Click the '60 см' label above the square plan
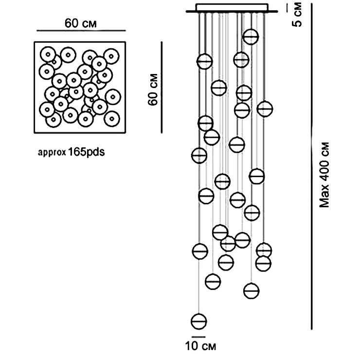tap(80, 23)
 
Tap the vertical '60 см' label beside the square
tap(153, 90)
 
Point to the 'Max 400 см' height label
tap(324, 175)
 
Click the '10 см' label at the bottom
tap(200, 346)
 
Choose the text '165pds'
tap(86, 152)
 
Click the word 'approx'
tap(52, 152)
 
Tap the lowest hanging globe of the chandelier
tap(199, 322)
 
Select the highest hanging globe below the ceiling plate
tap(251, 37)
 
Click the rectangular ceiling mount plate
tap(232, 7)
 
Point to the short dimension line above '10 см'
tap(198, 337)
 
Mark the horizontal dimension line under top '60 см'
tap(81, 30)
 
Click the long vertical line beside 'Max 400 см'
tap(311, 166)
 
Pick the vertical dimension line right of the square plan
tap(162, 88)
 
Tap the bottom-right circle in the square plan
tap(112, 119)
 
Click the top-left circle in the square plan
tap(48, 54)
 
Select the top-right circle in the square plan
tap(111, 56)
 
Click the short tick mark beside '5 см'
tap(287, 8)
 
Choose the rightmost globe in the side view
tap(265, 109)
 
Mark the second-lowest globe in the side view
tap(252, 291)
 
